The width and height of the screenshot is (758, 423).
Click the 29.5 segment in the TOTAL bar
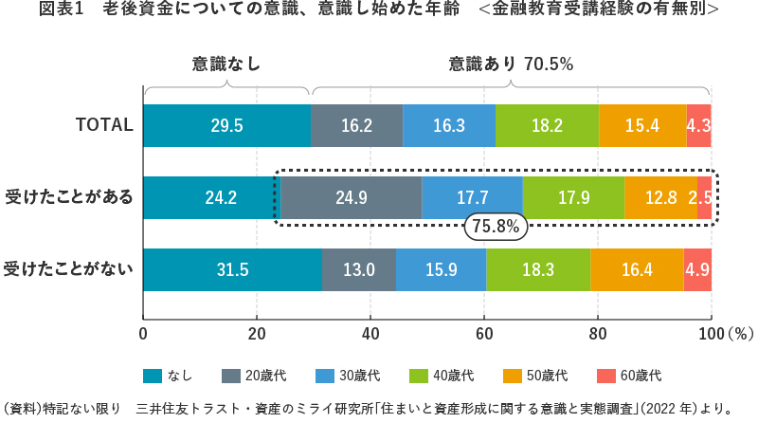pos(226,126)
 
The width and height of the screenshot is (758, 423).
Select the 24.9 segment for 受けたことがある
pos(351,198)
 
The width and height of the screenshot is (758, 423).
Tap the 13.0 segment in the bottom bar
pos(359,270)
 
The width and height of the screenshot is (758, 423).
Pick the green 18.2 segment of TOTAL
pos(547,126)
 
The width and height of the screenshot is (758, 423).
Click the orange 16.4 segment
pos(636,270)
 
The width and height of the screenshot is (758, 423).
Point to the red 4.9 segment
pos(697,270)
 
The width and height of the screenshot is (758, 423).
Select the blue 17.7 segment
pos(472,198)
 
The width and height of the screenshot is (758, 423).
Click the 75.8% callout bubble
pos(495,228)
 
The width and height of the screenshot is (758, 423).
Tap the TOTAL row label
pos(104,126)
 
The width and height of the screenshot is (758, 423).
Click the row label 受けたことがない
pos(68,270)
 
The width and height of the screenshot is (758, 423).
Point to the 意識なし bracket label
pos(226,64)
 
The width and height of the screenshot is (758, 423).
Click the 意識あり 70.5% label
pos(512,64)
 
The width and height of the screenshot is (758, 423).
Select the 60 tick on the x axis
pos(484,334)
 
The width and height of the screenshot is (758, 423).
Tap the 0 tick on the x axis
pos(143,334)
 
